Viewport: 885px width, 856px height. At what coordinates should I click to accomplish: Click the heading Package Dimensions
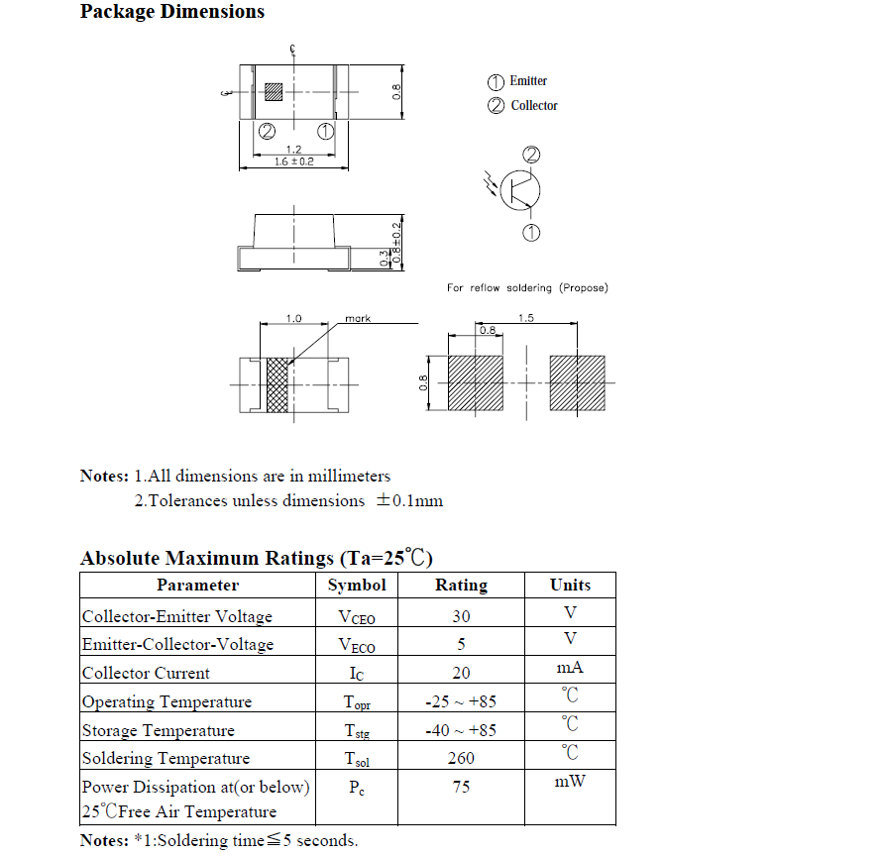[x=172, y=13]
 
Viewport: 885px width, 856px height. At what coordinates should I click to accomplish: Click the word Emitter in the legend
[x=528, y=81]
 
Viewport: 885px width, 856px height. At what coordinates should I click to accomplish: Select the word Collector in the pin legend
[x=534, y=106]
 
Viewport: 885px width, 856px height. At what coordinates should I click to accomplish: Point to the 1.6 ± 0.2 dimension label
[x=293, y=161]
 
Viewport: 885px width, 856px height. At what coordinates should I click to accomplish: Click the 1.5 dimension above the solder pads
[x=526, y=318]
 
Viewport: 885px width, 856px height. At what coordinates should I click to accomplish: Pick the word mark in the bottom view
[x=358, y=319]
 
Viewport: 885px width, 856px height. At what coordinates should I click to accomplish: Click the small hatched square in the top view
[x=274, y=92]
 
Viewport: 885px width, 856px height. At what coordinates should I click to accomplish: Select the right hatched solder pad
[x=577, y=383]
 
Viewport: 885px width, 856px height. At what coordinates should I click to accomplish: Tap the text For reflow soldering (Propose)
[x=527, y=288]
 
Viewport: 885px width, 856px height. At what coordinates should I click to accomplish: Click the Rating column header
[x=461, y=586]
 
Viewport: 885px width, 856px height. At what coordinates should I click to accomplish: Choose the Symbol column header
[x=357, y=586]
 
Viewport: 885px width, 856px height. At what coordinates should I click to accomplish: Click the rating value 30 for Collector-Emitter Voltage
[x=461, y=616]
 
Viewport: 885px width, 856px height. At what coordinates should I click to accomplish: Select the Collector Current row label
[x=146, y=674]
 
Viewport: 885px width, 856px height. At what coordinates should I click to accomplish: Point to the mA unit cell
[x=570, y=670]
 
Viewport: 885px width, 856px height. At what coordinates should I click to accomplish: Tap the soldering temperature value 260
[x=461, y=759]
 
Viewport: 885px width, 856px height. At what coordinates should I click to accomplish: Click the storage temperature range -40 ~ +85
[x=461, y=731]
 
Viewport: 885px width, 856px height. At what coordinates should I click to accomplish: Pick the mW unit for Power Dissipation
[x=570, y=783]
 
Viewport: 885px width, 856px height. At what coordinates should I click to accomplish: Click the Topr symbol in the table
[x=357, y=702]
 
